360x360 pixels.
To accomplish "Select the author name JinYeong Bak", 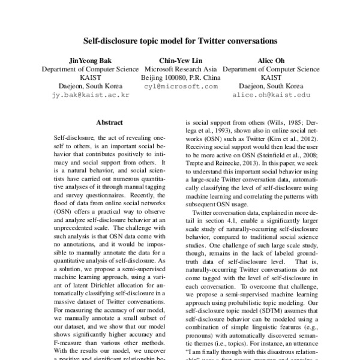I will click(x=90, y=61).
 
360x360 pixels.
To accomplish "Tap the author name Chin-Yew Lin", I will click(x=181, y=61).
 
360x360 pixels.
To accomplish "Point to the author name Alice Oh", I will click(x=271, y=61).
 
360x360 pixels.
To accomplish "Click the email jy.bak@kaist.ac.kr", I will click(x=90, y=95).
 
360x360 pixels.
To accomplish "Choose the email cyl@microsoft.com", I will click(x=181, y=86).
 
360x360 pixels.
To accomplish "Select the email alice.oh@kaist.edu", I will click(x=271, y=95).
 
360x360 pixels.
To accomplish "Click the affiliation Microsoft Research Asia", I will click(x=181, y=70).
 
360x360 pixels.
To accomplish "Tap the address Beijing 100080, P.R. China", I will click(x=181, y=78).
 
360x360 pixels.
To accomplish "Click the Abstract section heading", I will click(x=109, y=122).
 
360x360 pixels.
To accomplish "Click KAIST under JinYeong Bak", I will click(x=90, y=78).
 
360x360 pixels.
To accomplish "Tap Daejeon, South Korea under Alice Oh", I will click(x=271, y=86).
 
